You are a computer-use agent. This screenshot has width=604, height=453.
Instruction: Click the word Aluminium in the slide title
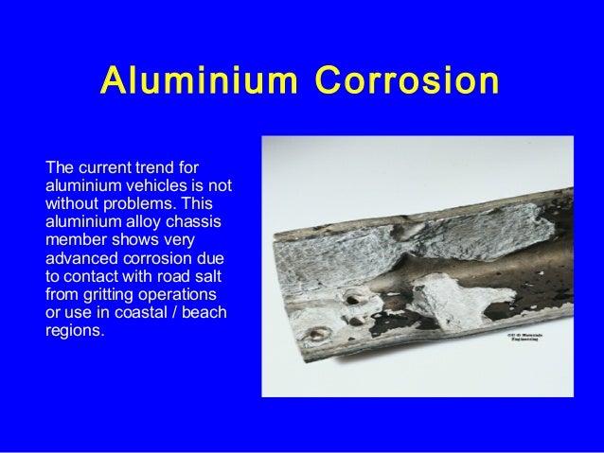[x=200, y=81]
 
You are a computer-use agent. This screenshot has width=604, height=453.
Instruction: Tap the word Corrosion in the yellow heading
[x=407, y=81]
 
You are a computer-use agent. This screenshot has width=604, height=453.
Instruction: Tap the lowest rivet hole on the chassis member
[x=317, y=333]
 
